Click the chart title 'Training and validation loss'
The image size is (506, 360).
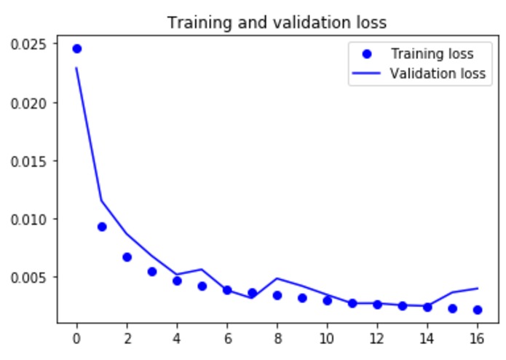point(277,23)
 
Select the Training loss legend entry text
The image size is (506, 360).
point(432,54)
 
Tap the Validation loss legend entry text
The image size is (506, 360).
point(437,74)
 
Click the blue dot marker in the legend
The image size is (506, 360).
point(367,54)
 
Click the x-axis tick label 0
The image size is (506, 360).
point(76,339)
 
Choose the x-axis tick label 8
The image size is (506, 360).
point(277,339)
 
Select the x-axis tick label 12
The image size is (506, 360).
point(377,339)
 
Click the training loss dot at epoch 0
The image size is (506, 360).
point(76,49)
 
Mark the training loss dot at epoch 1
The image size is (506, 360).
point(102,227)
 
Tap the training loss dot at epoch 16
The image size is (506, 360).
point(478,310)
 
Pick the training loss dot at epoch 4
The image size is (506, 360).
point(177,281)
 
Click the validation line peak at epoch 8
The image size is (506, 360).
point(277,278)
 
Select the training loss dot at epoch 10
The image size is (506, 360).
point(328,300)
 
